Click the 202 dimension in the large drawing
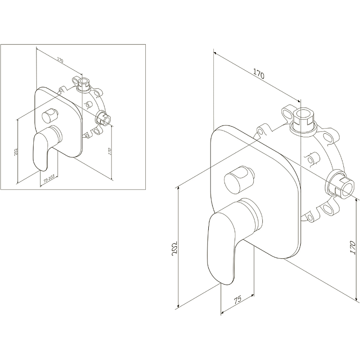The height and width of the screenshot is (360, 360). coord(175,247)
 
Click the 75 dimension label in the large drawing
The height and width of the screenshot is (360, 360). coord(238,299)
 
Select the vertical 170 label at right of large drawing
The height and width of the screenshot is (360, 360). coord(352,247)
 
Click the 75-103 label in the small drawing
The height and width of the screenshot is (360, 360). coord(49,178)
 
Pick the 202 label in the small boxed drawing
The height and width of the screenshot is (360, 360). coord(16,152)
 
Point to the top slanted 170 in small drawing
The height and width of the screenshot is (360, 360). coord(60,60)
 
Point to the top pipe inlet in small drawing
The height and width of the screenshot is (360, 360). coord(84,84)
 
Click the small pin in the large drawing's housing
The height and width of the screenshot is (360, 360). coord(312,159)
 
